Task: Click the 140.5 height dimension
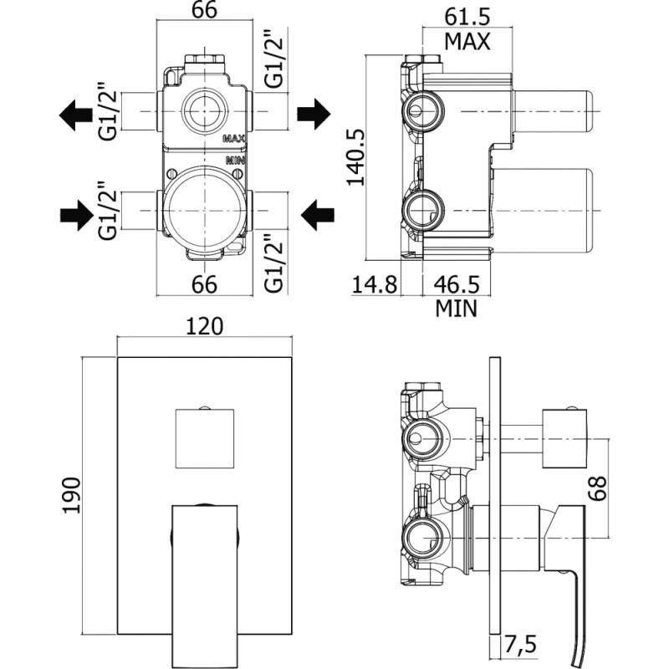point(355,157)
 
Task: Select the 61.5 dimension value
point(467,17)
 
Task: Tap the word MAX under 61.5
point(467,41)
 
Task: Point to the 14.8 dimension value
point(375,284)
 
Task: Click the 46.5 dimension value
point(457,284)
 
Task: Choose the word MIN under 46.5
point(456,308)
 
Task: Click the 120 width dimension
point(204,326)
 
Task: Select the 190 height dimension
point(71,495)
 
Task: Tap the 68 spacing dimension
point(597,488)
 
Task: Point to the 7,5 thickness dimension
point(519,644)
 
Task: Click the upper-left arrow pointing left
point(75,115)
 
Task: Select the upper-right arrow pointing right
point(314,114)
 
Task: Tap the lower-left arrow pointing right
point(77,216)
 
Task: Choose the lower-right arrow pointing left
point(318,216)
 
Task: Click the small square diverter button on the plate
point(205,438)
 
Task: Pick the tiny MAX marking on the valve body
point(234,139)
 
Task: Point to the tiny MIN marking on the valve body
point(235,161)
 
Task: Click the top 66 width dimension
point(204,10)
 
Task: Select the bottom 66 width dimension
point(204,284)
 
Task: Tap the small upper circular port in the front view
point(205,111)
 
